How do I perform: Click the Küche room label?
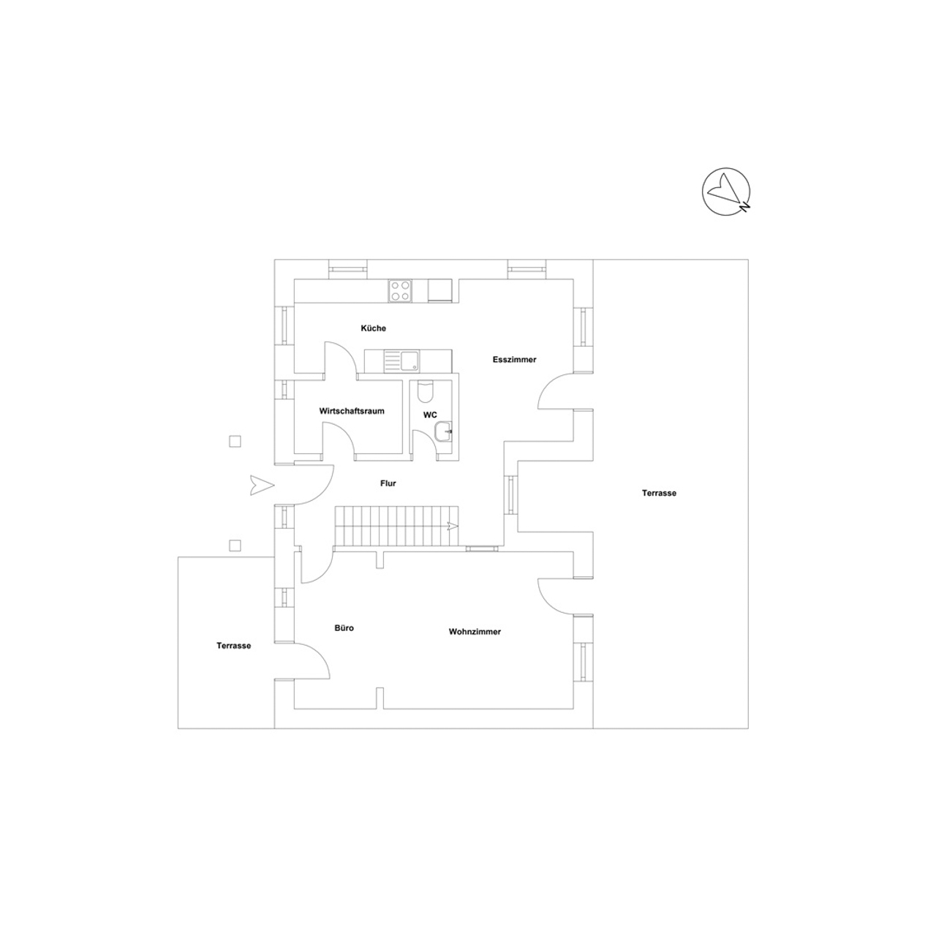pyautogui.click(x=373, y=328)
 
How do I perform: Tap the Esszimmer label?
pyautogui.click(x=514, y=360)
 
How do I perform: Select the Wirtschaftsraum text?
pyautogui.click(x=352, y=411)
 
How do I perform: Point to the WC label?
pyautogui.click(x=430, y=415)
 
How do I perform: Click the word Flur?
pyautogui.click(x=388, y=483)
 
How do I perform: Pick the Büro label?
pyautogui.click(x=344, y=628)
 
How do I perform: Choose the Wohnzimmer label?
pyautogui.click(x=475, y=632)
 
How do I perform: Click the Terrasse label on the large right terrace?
pyautogui.click(x=659, y=493)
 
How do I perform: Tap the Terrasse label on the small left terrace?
pyautogui.click(x=234, y=646)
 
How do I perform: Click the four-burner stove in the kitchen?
pyautogui.click(x=400, y=291)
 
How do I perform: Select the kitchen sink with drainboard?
pyautogui.click(x=403, y=361)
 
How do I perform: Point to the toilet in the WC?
pyautogui.click(x=425, y=391)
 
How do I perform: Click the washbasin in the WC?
pyautogui.click(x=443, y=431)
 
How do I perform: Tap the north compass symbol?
pyautogui.click(x=726, y=192)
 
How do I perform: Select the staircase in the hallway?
pyautogui.click(x=396, y=526)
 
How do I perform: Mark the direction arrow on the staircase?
pyautogui.click(x=452, y=526)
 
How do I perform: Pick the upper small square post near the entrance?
pyautogui.click(x=235, y=442)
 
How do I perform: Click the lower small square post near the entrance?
pyautogui.click(x=235, y=546)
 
